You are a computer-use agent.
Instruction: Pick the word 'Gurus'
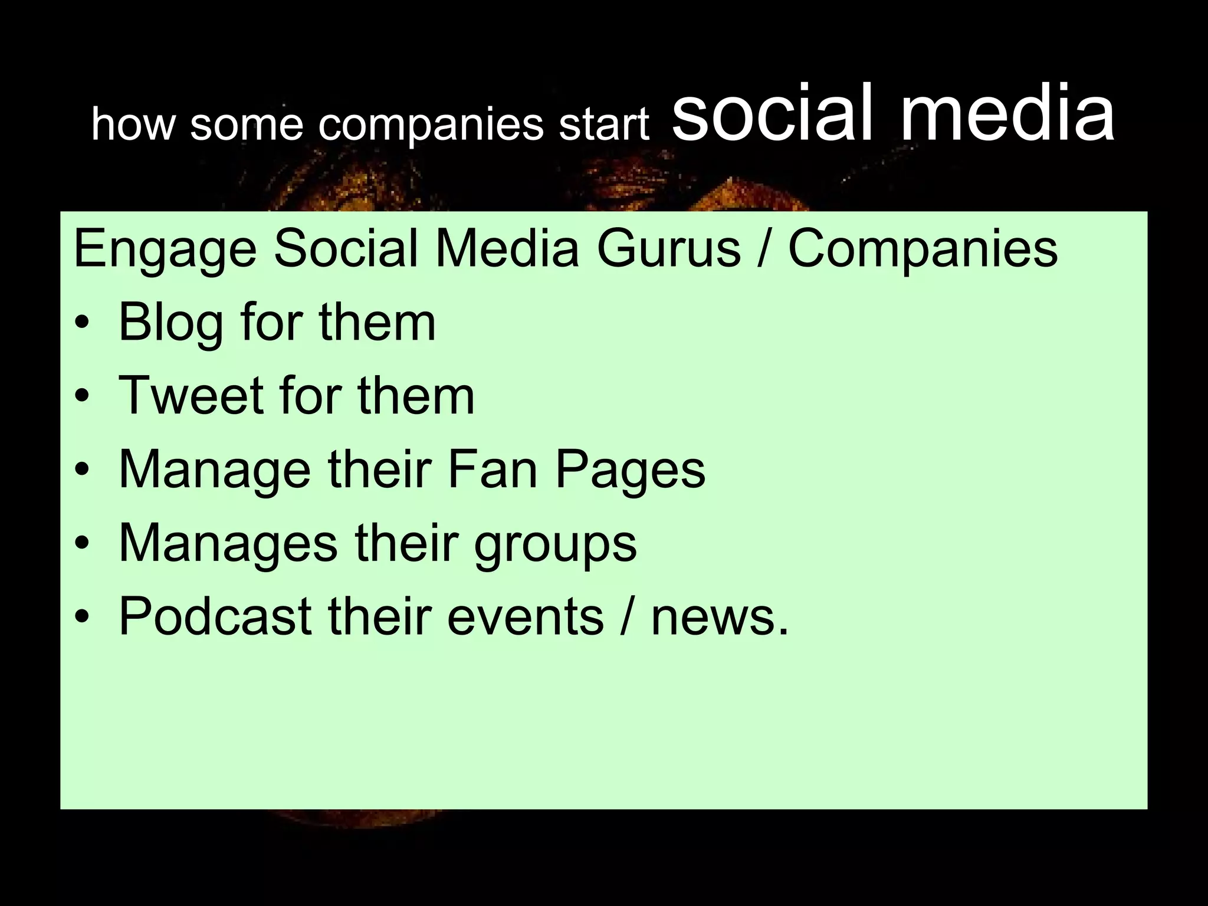coord(668,249)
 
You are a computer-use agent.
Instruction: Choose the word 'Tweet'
coord(191,396)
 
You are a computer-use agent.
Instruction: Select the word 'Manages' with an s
coord(228,544)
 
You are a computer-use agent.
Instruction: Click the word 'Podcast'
coord(215,617)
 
